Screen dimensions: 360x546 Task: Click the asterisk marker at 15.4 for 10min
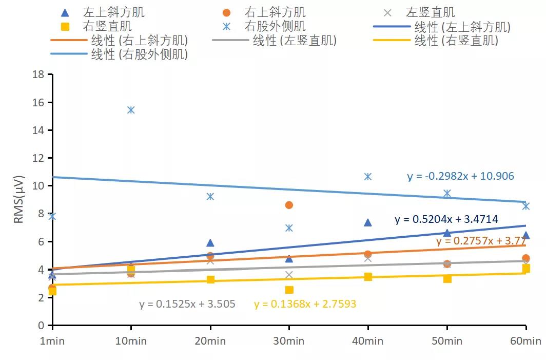(x=131, y=110)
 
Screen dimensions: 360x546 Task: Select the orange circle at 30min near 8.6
(x=289, y=205)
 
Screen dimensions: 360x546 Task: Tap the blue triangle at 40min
(x=368, y=222)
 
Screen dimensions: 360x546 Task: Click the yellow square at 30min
(x=289, y=290)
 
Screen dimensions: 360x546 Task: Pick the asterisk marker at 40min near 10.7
(x=368, y=176)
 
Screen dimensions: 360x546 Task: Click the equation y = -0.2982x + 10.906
(x=460, y=177)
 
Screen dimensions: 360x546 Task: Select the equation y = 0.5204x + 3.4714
(x=446, y=220)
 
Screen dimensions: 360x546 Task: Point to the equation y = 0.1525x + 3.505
(x=187, y=304)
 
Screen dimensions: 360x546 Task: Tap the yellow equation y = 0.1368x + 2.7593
(x=305, y=304)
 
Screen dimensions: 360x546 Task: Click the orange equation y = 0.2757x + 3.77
(x=480, y=241)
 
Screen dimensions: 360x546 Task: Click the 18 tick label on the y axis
(x=38, y=75)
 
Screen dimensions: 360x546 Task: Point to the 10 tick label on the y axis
(x=38, y=186)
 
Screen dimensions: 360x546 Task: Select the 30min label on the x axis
(x=289, y=341)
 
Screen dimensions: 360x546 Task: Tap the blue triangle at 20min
(x=210, y=243)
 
